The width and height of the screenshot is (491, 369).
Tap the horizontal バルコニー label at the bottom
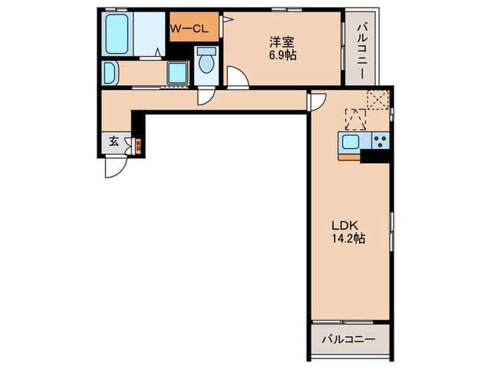[349, 338]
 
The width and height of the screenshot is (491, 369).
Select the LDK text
[345, 225]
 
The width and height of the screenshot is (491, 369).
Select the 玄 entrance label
[113, 141]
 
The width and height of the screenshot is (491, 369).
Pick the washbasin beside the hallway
[111, 72]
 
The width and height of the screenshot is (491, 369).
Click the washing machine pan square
[177, 72]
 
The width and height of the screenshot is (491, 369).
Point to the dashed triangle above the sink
[356, 119]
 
